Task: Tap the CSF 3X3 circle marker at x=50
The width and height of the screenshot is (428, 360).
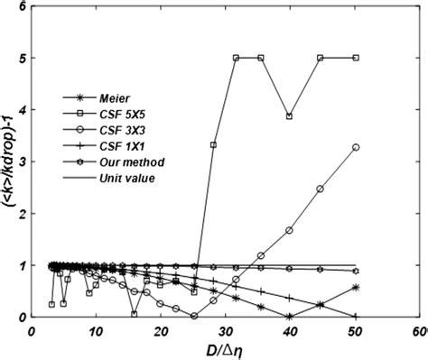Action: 356,147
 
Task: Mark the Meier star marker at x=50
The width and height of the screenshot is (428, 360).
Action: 356,287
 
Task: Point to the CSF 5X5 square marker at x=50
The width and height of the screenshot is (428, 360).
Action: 356,58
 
